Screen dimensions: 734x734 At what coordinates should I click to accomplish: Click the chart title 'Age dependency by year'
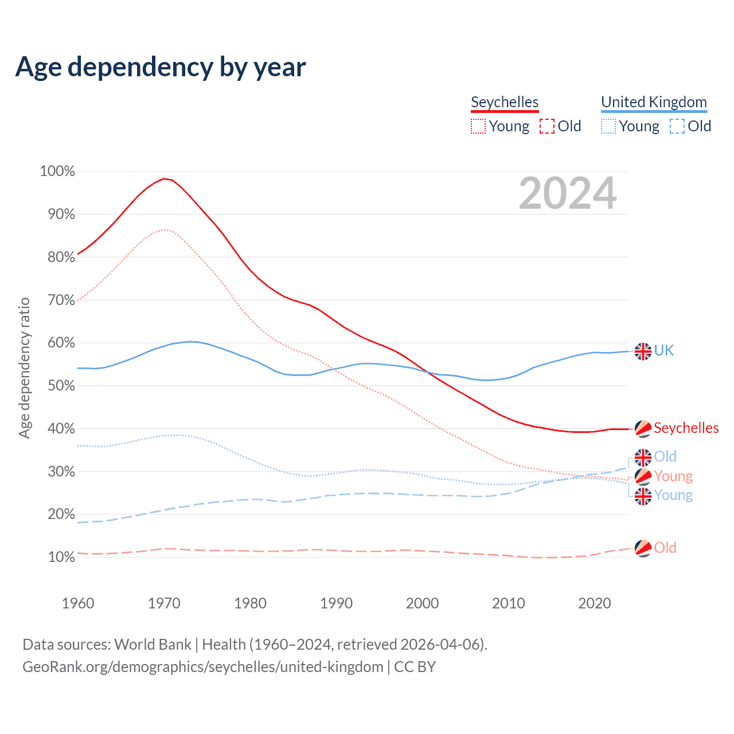pyautogui.click(x=161, y=67)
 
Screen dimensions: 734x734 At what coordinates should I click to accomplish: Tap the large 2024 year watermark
pyautogui.click(x=568, y=193)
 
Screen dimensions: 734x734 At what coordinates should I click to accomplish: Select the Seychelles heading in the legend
pyautogui.click(x=505, y=102)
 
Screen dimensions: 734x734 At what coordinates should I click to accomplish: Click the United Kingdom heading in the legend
pyautogui.click(x=654, y=102)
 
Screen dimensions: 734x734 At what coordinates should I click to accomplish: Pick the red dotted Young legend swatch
pyautogui.click(x=478, y=126)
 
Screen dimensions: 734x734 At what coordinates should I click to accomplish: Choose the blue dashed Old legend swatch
pyautogui.click(x=677, y=126)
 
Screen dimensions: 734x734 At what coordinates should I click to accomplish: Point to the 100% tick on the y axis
pyautogui.click(x=57, y=171)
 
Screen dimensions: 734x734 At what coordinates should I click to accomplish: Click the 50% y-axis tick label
pyautogui.click(x=57, y=386)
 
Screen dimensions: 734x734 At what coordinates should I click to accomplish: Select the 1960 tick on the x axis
pyautogui.click(x=78, y=603)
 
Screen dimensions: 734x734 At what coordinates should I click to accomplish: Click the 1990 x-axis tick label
pyautogui.click(x=337, y=603)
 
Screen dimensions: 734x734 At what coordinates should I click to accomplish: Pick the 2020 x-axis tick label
pyautogui.click(x=595, y=603)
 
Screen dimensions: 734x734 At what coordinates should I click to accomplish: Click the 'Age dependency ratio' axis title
pyautogui.click(x=25, y=368)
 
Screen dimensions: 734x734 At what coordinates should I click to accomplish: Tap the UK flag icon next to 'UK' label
pyautogui.click(x=643, y=351)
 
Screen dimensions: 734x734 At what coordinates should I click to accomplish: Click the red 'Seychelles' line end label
pyautogui.click(x=686, y=428)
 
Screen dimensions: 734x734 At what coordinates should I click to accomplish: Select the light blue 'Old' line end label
pyautogui.click(x=665, y=456)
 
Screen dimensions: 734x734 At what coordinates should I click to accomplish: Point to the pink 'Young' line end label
pyautogui.click(x=673, y=476)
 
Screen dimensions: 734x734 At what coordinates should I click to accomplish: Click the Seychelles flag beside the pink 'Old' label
pyautogui.click(x=643, y=548)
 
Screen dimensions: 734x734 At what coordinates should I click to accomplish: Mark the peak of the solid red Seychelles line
pyautogui.click(x=164, y=179)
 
